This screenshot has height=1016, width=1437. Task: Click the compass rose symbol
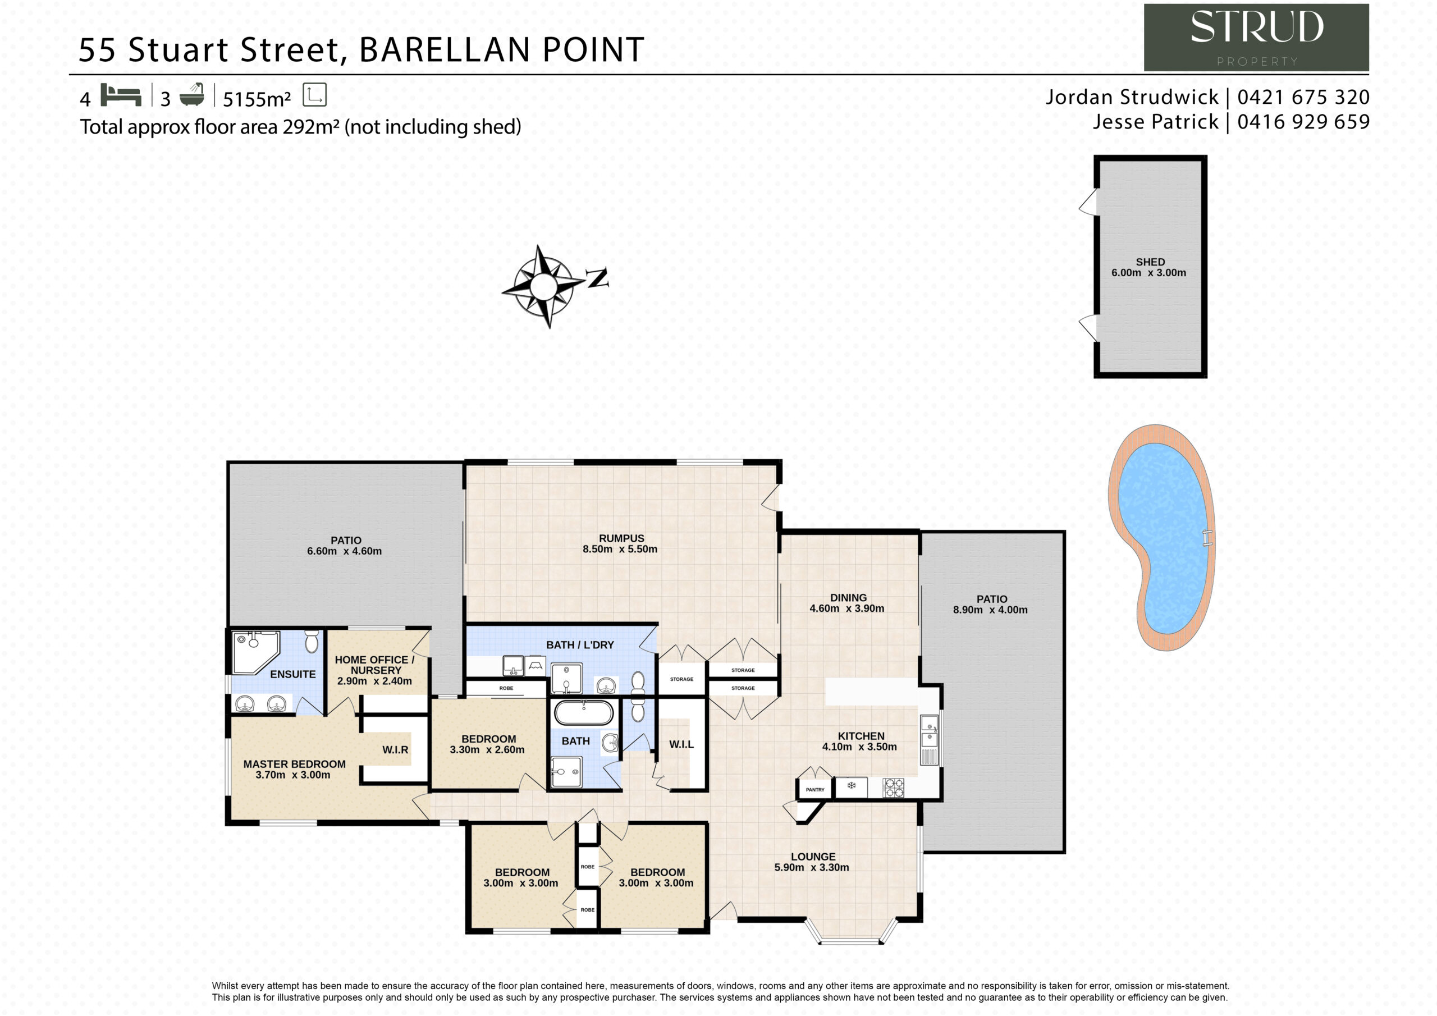tap(543, 287)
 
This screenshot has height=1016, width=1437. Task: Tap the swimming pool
tap(1163, 538)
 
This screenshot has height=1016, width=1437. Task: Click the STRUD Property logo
tap(1256, 38)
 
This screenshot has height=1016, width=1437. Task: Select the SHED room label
tap(1150, 262)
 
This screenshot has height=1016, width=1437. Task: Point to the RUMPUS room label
tap(621, 538)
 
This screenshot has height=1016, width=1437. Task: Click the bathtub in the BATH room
tap(584, 713)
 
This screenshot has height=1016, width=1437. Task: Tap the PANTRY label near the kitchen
tap(815, 790)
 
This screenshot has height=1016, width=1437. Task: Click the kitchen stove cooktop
tap(893, 788)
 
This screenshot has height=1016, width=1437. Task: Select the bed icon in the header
tap(121, 95)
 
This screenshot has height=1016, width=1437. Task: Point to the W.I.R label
tap(396, 750)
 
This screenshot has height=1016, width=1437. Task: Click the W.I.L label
tap(681, 744)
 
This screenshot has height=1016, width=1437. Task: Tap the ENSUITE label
tap(293, 674)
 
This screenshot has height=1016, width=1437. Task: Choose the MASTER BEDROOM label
tap(294, 765)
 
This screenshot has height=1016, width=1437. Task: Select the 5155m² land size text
tap(257, 99)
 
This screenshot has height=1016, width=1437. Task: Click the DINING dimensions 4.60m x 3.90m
tap(847, 608)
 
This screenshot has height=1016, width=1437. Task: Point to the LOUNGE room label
tap(813, 857)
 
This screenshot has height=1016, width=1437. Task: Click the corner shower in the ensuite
tap(255, 652)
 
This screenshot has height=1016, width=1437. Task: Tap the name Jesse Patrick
tap(1156, 121)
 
